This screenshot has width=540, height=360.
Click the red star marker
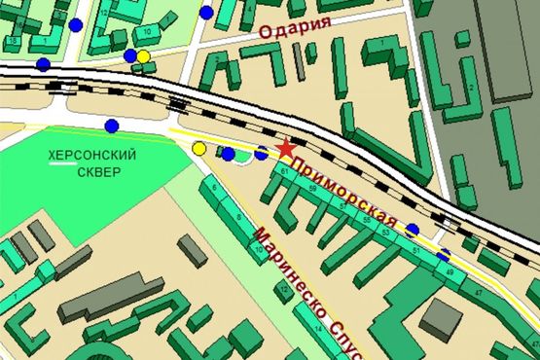285,148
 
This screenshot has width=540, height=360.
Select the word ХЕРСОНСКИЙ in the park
92,156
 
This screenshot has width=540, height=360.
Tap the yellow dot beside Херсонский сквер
199,149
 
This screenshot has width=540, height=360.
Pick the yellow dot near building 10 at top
144,55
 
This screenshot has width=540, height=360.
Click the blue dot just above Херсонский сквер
112,125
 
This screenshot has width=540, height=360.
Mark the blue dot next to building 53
413,230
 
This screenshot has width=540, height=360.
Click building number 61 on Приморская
283,171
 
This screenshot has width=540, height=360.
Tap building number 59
311,189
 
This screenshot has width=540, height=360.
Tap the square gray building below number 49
442,319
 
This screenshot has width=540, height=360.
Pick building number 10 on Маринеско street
258,252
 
